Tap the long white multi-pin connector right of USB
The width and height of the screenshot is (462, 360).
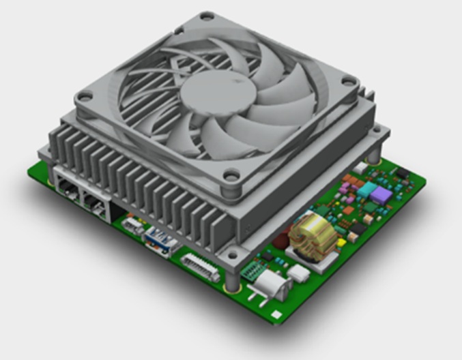click(x=197, y=266)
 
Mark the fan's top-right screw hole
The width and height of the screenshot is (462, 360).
click(x=349, y=82)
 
